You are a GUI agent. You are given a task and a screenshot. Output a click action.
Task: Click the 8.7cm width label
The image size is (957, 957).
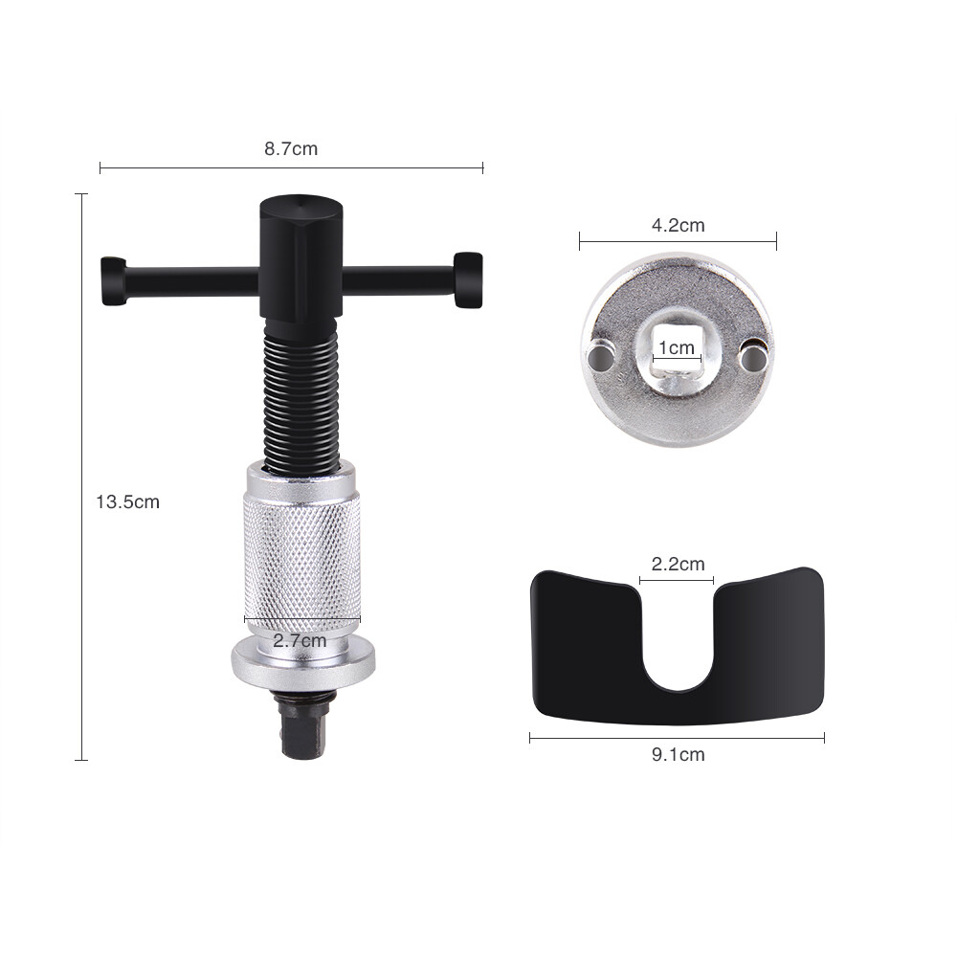click(291, 148)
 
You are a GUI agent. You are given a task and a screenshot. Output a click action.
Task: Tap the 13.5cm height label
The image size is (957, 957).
click(127, 501)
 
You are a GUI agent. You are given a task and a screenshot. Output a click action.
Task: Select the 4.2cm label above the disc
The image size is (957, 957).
click(678, 226)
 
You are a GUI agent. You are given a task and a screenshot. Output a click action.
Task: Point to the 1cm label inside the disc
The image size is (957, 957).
click(677, 347)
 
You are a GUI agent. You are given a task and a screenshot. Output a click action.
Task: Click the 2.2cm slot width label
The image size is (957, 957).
click(678, 564)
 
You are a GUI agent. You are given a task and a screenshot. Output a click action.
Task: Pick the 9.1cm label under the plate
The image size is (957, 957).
click(678, 754)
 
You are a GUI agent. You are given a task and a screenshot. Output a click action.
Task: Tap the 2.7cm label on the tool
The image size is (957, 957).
click(300, 640)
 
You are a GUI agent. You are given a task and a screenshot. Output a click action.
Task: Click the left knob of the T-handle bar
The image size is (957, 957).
click(113, 280)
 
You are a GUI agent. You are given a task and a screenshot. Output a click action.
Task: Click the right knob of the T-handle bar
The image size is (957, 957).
click(468, 279)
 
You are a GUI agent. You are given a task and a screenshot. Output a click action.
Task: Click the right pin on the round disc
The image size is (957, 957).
click(754, 356)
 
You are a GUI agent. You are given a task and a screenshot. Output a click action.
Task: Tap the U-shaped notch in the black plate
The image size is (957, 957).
click(678, 651)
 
